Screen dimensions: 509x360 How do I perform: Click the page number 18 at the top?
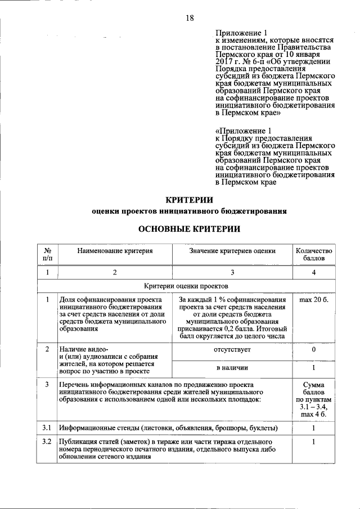tap(190, 18)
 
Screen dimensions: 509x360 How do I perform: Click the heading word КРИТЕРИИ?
tap(190, 199)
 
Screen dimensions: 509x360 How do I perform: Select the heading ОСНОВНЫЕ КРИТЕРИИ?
tap(190, 229)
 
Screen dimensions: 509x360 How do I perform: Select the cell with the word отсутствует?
tap(233, 350)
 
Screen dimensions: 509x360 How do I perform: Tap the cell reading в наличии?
tap(233, 368)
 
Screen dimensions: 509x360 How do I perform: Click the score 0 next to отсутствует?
tap(314, 350)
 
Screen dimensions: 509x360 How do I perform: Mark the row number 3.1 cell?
tap(48, 427)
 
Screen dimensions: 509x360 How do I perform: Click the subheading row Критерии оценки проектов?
tap(186, 286)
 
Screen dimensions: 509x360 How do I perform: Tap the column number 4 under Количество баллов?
tap(314, 273)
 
